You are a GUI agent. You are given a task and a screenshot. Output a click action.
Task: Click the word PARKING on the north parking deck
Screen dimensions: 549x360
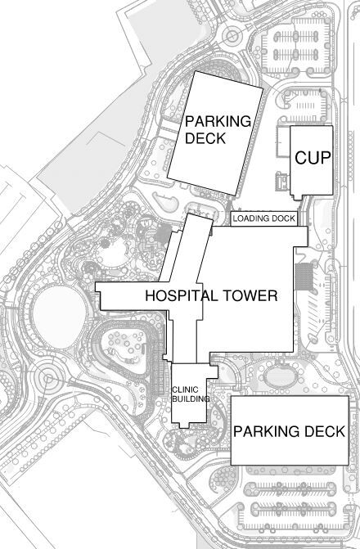click(x=217, y=121)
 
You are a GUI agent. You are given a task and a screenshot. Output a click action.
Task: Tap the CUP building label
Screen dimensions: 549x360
click(x=312, y=158)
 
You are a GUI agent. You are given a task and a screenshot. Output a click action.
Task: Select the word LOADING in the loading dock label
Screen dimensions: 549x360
click(x=250, y=219)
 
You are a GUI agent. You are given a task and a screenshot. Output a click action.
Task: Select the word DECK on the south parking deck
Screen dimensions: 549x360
click(x=324, y=431)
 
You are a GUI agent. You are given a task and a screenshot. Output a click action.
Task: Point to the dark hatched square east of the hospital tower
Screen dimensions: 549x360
click(x=303, y=276)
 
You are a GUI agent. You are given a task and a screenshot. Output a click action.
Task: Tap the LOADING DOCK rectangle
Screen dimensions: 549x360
click(x=263, y=219)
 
